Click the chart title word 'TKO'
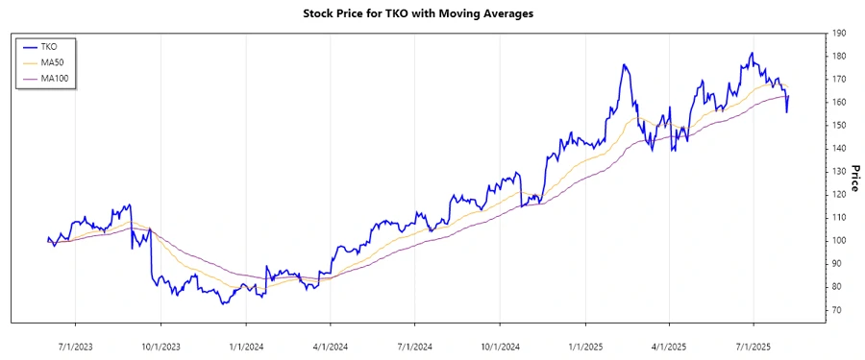(x=392, y=13)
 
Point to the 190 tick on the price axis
(x=839, y=33)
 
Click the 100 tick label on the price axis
(x=839, y=240)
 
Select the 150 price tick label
(x=839, y=125)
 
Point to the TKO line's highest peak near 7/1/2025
(x=752, y=54)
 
